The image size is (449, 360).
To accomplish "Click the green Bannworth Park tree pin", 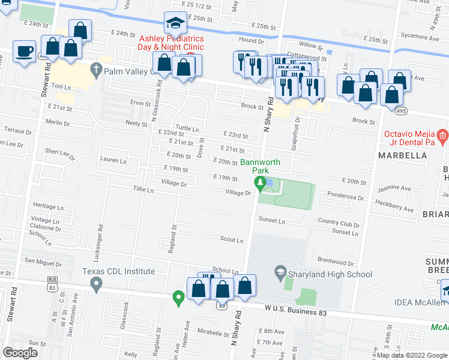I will [261, 184].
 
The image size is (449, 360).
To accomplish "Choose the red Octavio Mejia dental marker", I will [442, 137].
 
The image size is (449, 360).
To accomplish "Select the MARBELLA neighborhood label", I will [402, 155].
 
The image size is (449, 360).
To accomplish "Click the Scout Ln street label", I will [231, 240].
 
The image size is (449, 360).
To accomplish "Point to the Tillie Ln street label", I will [143, 190].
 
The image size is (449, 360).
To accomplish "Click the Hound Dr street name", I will [251, 40].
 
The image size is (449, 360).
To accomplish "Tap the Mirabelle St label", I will [214, 331].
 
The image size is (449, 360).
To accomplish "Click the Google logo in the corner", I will [20, 353].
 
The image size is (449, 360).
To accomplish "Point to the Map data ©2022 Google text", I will [412, 355].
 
